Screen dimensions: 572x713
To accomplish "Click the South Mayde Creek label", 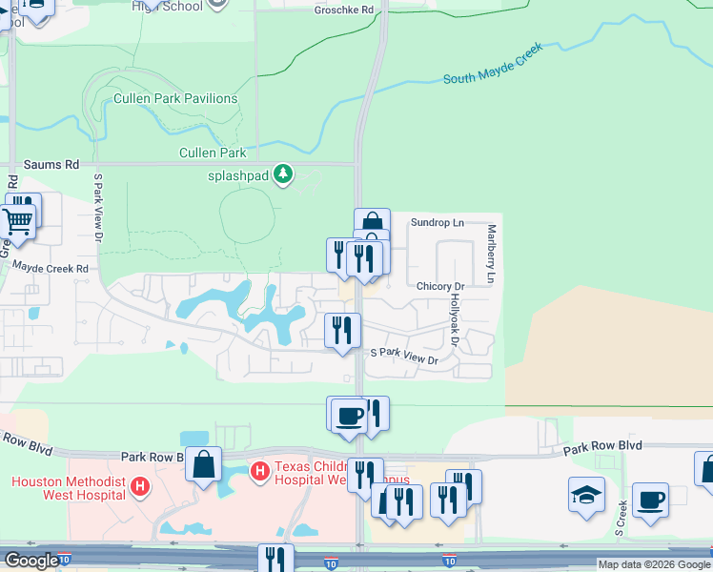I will [492, 63].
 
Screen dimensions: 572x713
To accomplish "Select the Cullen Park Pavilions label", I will [175, 98].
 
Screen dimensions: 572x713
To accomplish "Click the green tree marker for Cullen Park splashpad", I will [282, 174].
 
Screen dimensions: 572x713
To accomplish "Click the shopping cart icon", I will [16, 222].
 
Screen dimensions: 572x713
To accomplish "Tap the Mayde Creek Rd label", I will [50, 270].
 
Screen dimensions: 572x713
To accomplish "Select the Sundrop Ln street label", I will [437, 223].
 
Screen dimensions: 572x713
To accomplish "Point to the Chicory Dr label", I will [439, 286].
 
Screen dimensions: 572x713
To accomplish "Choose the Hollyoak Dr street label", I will [455, 320].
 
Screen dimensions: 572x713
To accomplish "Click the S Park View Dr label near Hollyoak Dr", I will [403, 357].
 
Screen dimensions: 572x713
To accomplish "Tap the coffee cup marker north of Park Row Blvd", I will [349, 416].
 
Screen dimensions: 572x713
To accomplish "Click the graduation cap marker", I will [587, 496].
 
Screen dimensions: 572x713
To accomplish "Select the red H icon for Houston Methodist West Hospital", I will [140, 488].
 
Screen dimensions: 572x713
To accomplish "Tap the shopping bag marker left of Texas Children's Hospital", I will [203, 465].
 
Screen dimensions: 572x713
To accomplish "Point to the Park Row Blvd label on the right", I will [601, 446].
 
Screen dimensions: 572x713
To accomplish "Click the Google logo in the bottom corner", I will [31, 561].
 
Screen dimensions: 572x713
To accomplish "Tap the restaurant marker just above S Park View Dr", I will [342, 331].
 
